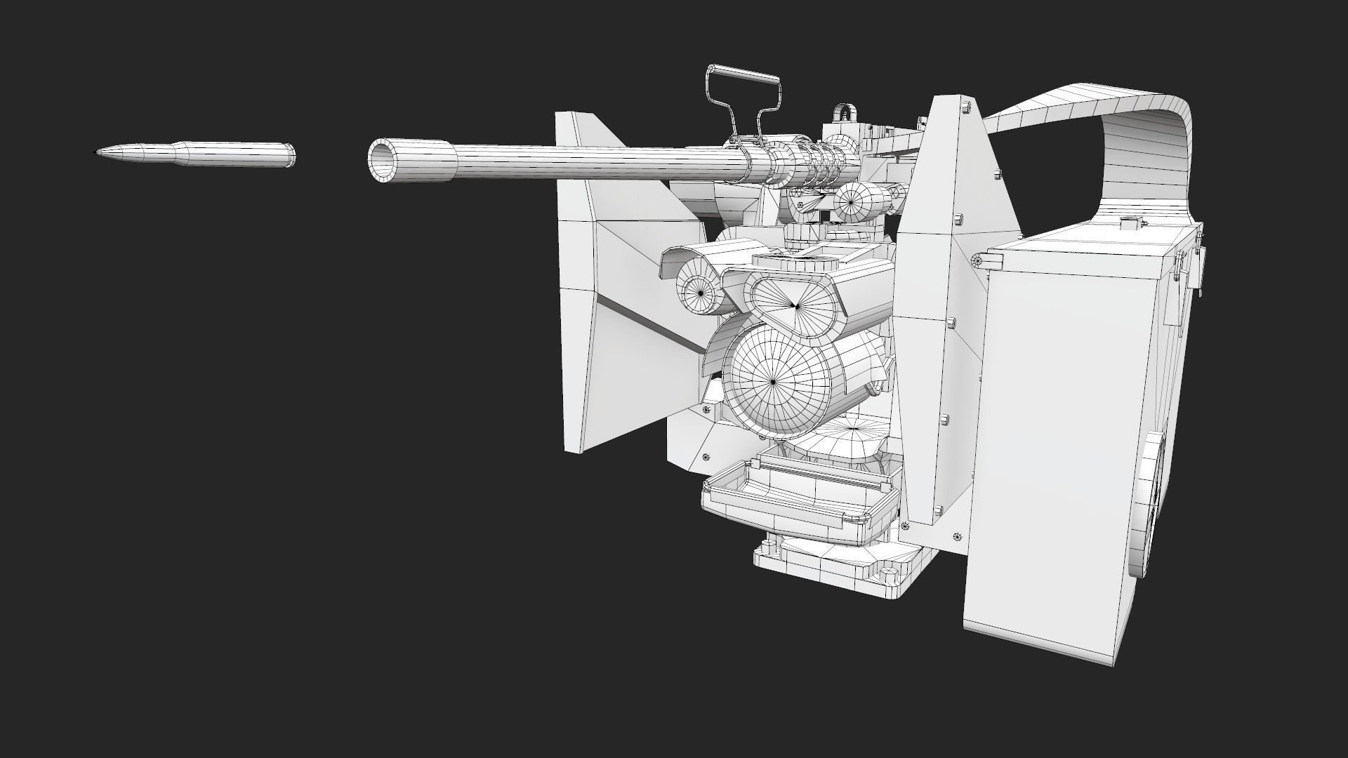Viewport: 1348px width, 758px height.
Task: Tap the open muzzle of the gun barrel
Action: coord(381,161)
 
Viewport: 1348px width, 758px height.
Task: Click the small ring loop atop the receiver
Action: coord(845,112)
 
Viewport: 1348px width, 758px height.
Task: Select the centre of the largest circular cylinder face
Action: coord(773,381)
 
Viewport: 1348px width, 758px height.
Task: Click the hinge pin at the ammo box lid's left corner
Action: coord(977,260)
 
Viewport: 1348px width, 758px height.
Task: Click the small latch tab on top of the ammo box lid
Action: coord(1130,225)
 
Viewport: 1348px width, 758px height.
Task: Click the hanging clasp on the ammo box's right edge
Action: coord(1198,267)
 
